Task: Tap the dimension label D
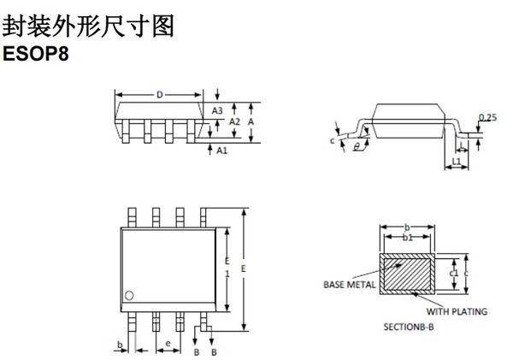[x=160, y=94]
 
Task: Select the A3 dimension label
[x=217, y=110]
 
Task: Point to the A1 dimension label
[x=222, y=150]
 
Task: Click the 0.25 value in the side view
[x=488, y=116]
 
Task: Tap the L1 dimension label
[x=457, y=160]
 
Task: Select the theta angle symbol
[x=357, y=146]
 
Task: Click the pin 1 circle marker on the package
[x=130, y=296]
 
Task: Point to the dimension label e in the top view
[x=168, y=343]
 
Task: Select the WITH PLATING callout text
[x=461, y=312]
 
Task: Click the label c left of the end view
[x=332, y=140]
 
